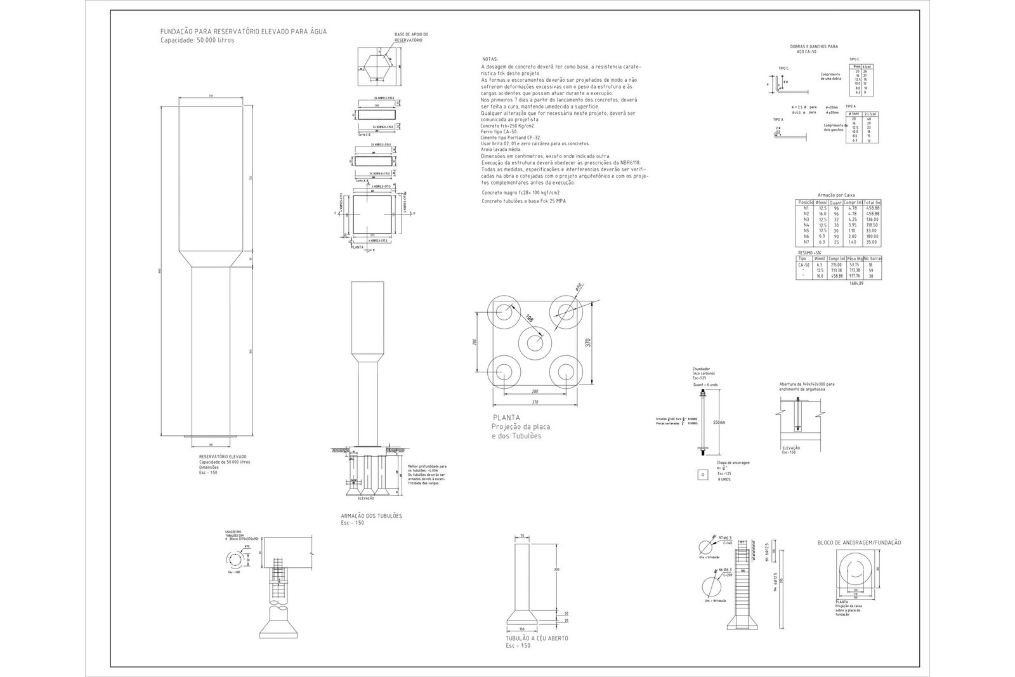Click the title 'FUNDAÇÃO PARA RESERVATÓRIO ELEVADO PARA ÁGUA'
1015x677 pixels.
[x=244, y=31]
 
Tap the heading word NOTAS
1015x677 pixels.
[x=490, y=59]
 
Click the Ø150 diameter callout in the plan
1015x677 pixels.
[x=579, y=287]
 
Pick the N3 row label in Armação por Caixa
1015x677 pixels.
[x=806, y=220]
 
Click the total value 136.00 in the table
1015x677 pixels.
[x=873, y=220]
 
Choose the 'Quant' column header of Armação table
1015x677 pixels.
[x=836, y=202]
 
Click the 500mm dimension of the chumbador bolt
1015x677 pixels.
[x=718, y=422]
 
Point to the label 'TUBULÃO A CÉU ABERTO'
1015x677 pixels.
[x=537, y=638]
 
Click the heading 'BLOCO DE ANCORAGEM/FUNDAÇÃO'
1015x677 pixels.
[x=859, y=542]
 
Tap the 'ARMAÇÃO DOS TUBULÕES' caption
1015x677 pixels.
[x=372, y=516]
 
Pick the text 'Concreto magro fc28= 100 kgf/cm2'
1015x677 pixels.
[x=520, y=192]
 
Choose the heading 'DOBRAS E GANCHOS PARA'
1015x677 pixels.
[x=814, y=46]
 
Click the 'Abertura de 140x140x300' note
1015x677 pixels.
[x=807, y=385]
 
